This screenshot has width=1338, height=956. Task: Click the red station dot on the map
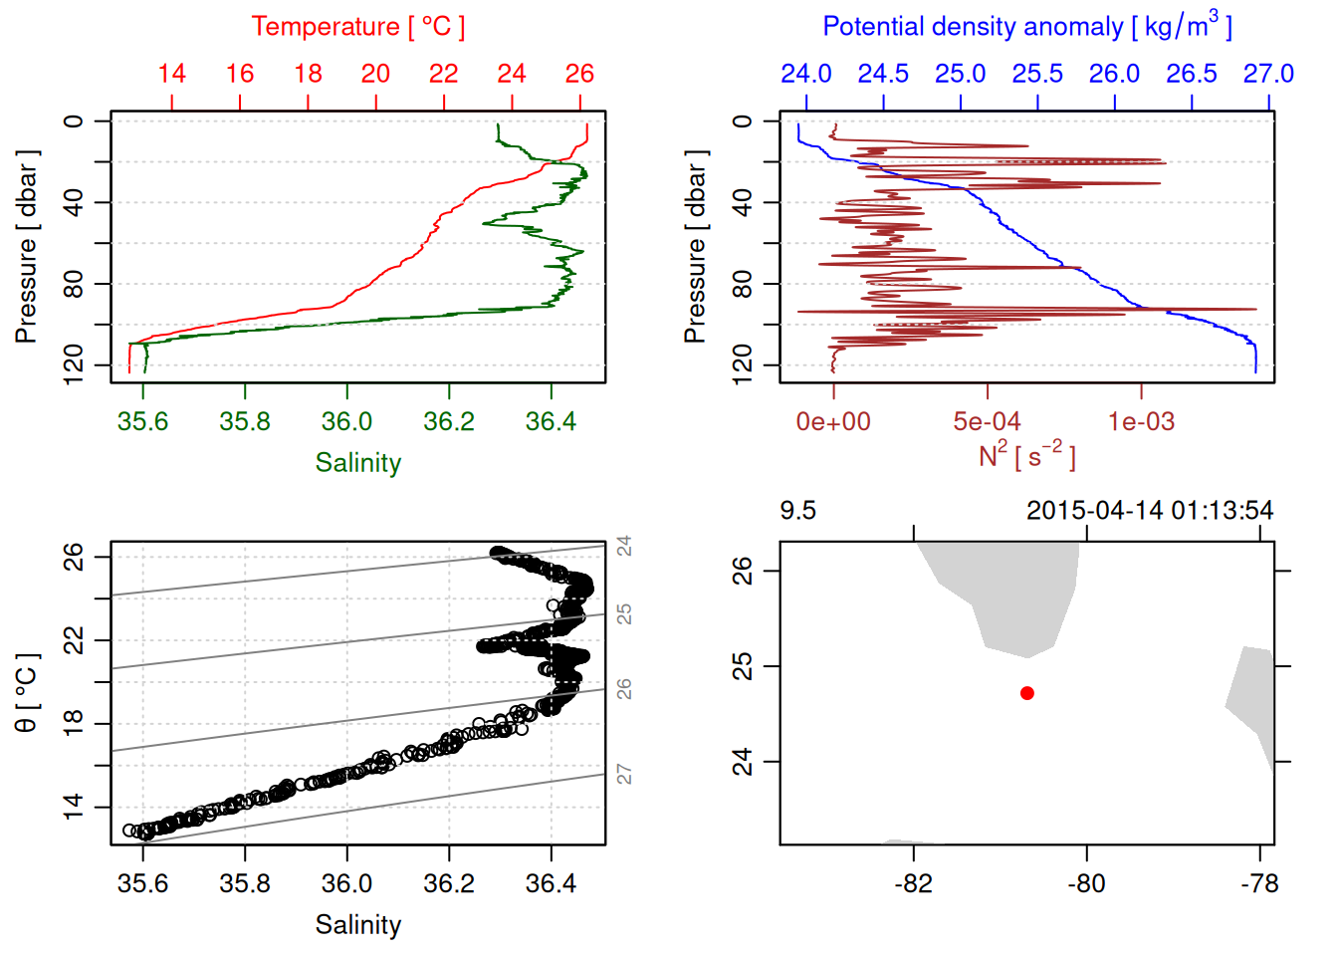pos(1026,693)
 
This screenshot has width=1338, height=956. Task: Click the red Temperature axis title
pos(357,27)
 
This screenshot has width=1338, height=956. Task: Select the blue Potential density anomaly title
pos(1026,27)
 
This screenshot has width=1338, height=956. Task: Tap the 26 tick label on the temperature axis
pos(579,74)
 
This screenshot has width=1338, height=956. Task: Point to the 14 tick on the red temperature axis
pos(171,74)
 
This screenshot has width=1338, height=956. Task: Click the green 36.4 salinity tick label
pos(551,421)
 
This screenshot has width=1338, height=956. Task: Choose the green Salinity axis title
pos(357,463)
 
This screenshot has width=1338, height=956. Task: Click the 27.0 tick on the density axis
pos(1268,74)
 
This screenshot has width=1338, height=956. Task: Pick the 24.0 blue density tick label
pos(805,74)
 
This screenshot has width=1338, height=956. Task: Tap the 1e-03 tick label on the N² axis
pos(1141,421)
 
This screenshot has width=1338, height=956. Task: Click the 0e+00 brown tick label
pos(833,421)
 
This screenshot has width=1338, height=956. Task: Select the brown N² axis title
pos(1026,456)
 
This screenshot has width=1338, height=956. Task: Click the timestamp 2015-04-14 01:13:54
pos(1149,511)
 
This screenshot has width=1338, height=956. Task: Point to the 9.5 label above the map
pos(797,511)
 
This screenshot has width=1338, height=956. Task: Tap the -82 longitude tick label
pos(913,883)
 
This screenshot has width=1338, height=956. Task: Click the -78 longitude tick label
pos(1259,883)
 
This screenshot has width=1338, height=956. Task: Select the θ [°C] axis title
pos(27,693)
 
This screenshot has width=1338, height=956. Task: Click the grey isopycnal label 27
pos(624,774)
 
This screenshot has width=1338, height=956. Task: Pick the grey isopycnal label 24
pos(624,546)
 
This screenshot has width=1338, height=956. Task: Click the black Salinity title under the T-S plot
pos(357,925)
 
